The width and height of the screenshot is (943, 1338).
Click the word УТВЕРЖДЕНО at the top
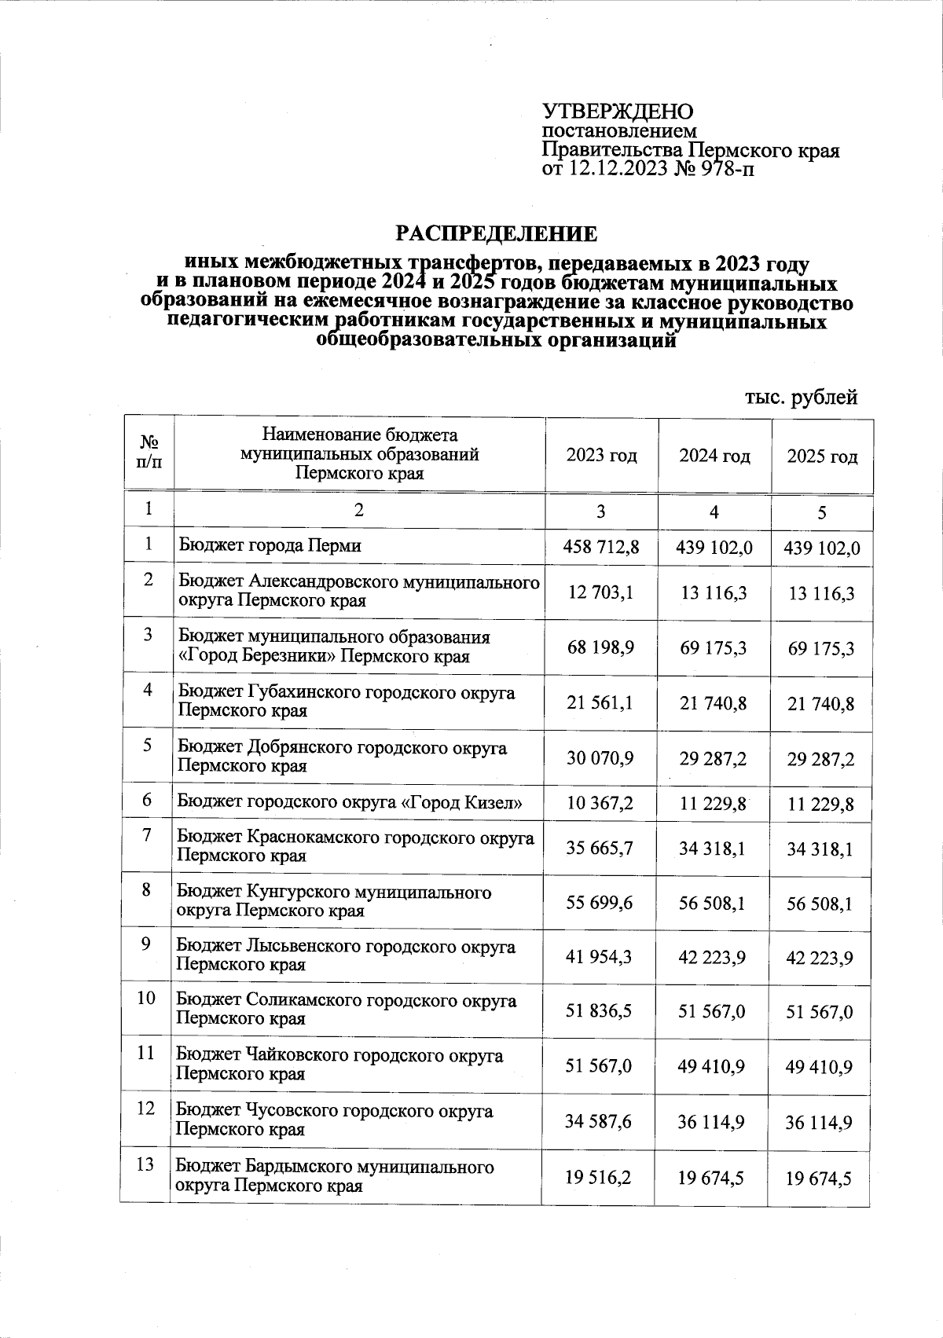pos(618,112)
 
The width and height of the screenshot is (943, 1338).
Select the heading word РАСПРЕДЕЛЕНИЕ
pos(495,234)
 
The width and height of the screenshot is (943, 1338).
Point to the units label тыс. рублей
pos(800,398)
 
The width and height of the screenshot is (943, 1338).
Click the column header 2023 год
pos(602,456)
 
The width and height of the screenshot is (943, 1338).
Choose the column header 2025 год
pos(822,456)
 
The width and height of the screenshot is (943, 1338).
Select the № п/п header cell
pos(149,455)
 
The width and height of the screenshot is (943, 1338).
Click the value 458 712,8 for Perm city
pos(601,547)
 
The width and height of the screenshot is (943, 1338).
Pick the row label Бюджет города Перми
pos(270,545)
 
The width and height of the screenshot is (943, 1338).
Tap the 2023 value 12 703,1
pos(601,592)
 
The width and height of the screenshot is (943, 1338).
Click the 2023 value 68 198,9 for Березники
pos(601,648)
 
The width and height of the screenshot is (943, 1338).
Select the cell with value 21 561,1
pos(601,703)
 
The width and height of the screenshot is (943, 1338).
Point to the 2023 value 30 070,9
pos(601,759)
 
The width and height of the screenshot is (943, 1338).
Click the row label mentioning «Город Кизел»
pos(350,803)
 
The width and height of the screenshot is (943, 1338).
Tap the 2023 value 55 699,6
pos(600,903)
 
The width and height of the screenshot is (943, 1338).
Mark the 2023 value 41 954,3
pos(600,957)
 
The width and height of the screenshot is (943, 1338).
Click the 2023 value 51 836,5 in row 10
pos(600,1011)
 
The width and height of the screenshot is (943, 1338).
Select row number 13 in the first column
pos(145,1165)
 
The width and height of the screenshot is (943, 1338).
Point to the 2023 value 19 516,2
pos(600,1178)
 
